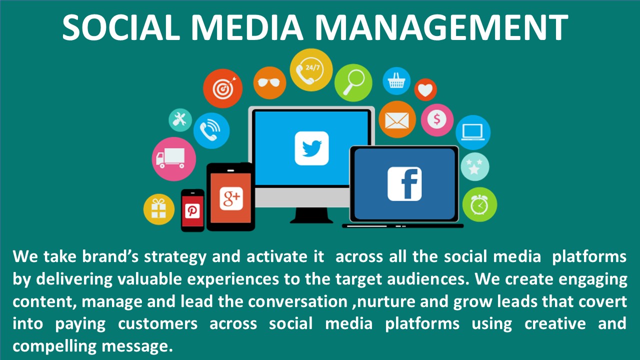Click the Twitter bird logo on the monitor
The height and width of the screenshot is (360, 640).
point(311,148)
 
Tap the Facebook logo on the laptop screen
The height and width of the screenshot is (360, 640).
point(404,184)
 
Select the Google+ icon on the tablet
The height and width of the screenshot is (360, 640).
point(231,199)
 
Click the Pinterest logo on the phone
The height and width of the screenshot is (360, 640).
point(192,211)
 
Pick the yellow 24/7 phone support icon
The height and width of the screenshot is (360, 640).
point(311,70)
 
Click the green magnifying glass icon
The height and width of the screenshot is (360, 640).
point(353,82)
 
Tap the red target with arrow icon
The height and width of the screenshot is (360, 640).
point(223,88)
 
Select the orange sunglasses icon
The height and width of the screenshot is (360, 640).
point(269,83)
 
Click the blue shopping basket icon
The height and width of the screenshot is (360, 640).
point(396,81)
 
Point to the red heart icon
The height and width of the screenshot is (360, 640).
point(425,89)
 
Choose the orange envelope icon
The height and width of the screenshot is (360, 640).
point(397,119)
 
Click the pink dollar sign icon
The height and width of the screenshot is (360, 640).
point(437,120)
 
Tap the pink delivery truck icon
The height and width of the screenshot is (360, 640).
point(173,159)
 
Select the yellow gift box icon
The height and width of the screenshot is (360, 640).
point(159,209)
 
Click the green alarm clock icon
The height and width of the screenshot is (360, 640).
point(479,204)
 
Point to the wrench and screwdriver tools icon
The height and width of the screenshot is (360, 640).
point(180,120)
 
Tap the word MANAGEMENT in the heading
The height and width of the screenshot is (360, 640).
point(441,27)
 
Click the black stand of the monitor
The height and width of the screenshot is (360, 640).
point(311,215)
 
